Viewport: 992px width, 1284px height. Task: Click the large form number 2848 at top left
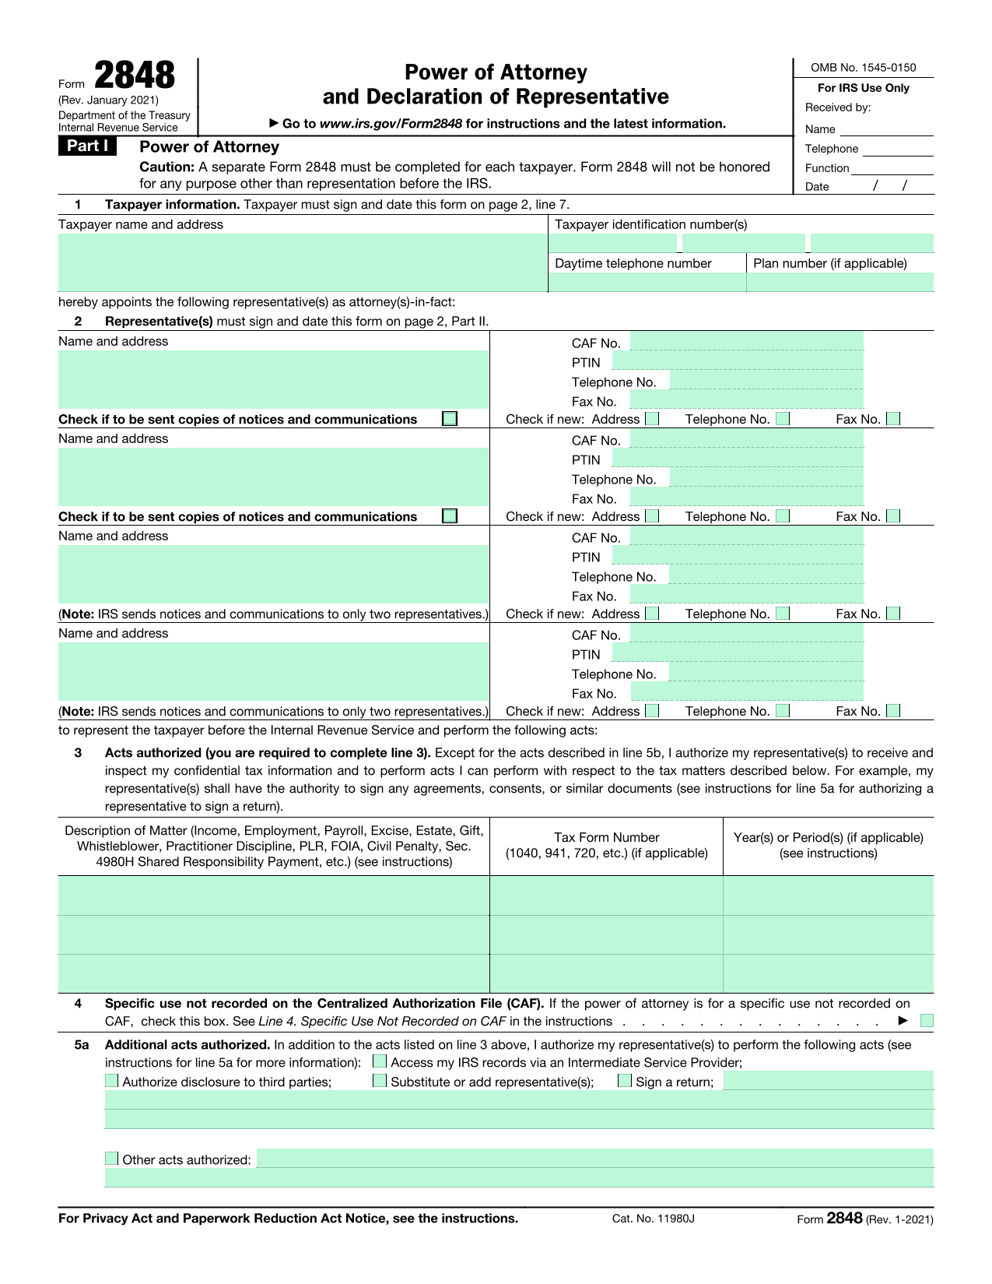tap(135, 76)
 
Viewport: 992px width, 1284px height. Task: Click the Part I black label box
tap(86, 146)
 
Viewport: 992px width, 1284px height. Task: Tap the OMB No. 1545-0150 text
tap(863, 68)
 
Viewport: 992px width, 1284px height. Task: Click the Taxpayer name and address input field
tap(302, 262)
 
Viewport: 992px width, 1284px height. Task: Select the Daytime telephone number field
tap(647, 283)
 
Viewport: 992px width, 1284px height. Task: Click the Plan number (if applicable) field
tap(840, 283)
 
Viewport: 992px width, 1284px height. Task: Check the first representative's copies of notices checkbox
tap(450, 419)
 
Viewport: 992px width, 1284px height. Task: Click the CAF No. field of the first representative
tap(746, 341)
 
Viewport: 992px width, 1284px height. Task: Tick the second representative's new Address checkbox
tap(652, 516)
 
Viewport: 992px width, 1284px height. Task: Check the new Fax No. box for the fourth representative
tap(893, 711)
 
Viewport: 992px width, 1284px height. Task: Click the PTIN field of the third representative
tap(737, 555)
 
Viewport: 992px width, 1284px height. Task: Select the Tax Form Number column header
tap(606, 845)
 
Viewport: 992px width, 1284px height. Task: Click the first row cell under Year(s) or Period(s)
tap(828, 895)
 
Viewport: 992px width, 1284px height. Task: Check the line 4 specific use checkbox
tap(926, 1021)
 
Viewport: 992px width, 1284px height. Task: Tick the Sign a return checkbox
tap(625, 1081)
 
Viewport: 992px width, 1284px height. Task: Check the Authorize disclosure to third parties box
tap(112, 1081)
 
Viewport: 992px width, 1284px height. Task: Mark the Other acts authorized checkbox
tap(112, 1159)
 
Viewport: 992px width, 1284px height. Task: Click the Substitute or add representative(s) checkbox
tap(380, 1081)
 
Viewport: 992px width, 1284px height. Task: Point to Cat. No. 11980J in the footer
tap(653, 1219)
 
